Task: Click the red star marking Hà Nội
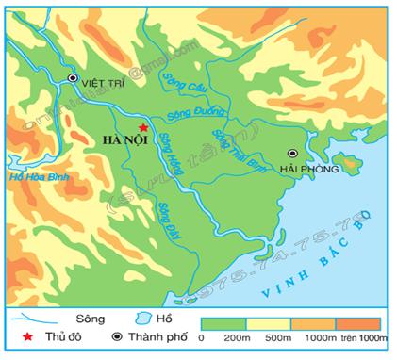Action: tap(142, 128)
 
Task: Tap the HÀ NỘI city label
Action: tap(124, 142)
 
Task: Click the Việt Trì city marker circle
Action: tap(73, 78)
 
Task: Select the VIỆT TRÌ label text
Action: tap(103, 82)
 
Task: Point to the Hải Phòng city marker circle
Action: tap(292, 153)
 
